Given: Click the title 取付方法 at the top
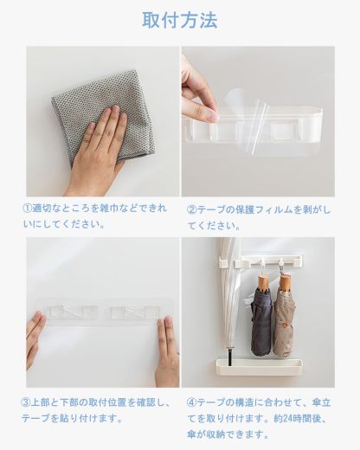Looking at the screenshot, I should coord(179,20).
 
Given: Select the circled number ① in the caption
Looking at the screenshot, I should coord(29,209).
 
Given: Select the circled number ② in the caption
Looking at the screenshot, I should coord(192,209).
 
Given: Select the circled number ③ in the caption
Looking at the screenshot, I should coord(27,402).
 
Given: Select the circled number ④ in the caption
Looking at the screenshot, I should coord(192,402).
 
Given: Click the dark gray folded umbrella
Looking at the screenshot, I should coord(261,320).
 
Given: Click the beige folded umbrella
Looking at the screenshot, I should coord(285,320).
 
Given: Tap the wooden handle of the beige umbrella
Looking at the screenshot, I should coord(285,280).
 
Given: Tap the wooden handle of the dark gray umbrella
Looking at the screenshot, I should coord(261,282).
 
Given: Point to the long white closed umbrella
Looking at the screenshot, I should coord(228,294).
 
